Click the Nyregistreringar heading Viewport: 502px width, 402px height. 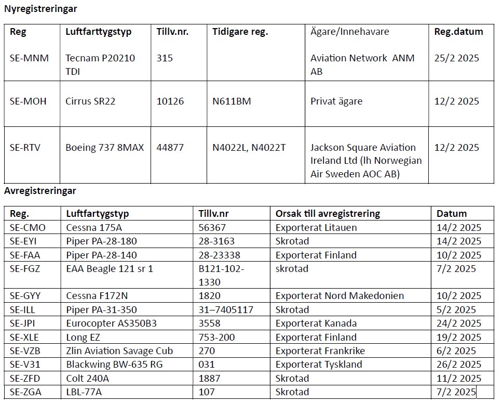40,8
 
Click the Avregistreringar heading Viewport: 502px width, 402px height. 40,191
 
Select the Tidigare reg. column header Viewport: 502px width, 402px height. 240,32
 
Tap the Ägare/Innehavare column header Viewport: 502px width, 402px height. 349,32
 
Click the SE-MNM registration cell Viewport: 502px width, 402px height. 29,58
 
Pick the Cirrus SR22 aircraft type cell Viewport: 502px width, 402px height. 90,101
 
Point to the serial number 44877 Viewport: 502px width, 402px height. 170,148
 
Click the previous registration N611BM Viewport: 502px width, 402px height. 232,101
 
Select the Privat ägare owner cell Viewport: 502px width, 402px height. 336,101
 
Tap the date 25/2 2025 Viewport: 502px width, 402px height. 457,58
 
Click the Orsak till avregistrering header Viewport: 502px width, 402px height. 328,214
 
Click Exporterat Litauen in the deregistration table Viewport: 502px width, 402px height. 316,228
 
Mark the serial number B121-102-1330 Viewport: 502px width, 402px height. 222,276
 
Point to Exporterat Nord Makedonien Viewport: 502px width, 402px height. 340,296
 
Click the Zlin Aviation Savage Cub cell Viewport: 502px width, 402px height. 119,351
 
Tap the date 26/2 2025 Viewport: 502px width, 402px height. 459,365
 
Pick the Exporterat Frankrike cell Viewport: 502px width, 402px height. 320,351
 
